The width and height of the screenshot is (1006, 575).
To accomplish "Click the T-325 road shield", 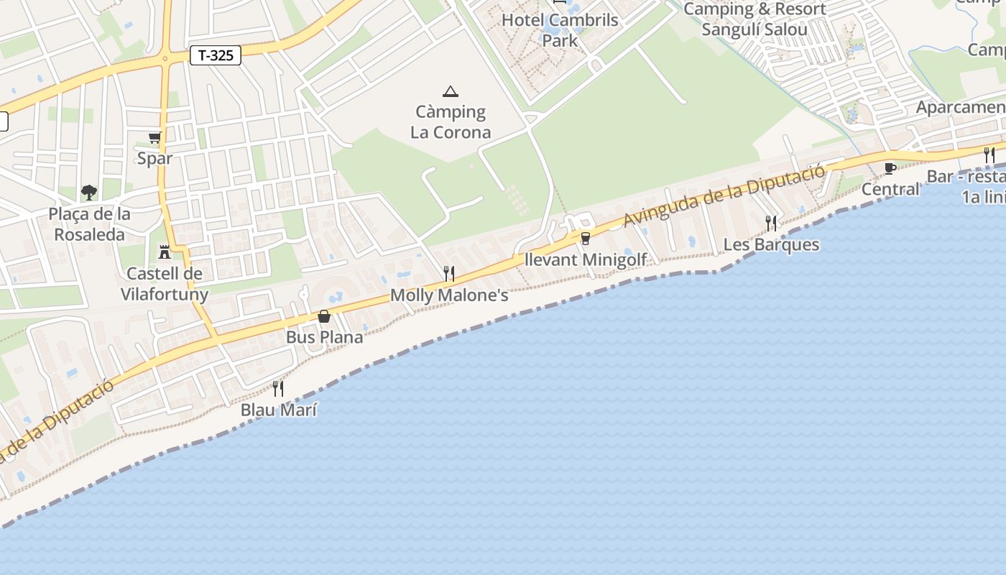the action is pos(216,55).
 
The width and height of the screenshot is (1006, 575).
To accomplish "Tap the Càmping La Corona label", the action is pos(451,122).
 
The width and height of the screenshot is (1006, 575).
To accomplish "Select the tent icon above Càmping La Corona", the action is pos(451,91).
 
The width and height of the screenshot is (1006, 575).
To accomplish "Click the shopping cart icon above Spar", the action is pos(154,137).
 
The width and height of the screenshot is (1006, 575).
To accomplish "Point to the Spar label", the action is pos(155,158).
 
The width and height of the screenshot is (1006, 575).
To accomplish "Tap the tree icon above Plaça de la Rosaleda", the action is pos(89,192).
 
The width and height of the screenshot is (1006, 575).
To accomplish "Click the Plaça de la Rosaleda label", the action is pos(90,224).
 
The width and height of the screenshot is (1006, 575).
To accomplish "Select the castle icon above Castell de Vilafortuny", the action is pos(165,252).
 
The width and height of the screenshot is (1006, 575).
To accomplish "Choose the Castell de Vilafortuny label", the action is pos(165,284).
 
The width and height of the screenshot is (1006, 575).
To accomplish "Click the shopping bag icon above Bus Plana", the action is pos(324,316).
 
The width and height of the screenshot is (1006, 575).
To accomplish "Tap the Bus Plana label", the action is pos(325,337).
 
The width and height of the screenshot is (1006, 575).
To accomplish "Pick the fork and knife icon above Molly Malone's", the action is pos(449,274).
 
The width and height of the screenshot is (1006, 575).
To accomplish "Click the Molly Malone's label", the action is pos(449,295).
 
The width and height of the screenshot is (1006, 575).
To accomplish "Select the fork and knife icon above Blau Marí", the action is pos(278,389).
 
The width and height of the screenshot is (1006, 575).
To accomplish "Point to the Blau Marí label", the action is pos(279,410).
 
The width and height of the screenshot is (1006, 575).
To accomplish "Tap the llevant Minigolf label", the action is pos(586,259).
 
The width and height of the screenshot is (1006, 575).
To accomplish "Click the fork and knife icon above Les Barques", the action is pos(771,224).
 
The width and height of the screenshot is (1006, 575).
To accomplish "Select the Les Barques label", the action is pos(771,244).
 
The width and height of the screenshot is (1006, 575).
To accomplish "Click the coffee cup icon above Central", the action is pos(890,168).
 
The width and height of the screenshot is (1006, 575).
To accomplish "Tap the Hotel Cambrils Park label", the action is pos(560,30).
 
